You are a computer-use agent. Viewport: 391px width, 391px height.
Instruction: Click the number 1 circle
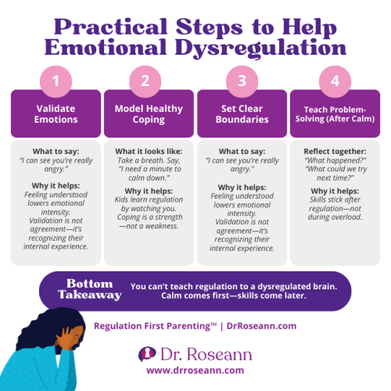[x=56, y=81]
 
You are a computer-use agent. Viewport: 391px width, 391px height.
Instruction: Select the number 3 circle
[x=241, y=81]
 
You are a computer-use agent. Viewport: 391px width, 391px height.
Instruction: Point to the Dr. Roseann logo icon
[x=145, y=353]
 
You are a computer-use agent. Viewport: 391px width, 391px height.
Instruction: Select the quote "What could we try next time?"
[x=334, y=174]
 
